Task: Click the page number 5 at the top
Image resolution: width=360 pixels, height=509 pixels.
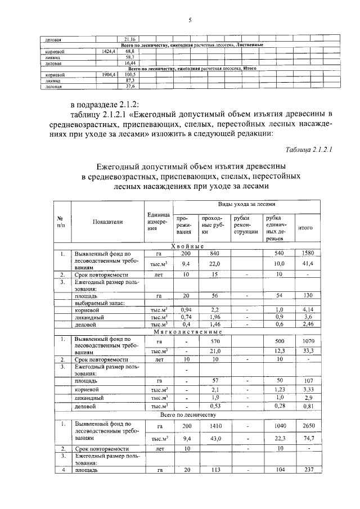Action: point(190,21)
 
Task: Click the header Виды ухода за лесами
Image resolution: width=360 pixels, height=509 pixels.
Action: point(247,205)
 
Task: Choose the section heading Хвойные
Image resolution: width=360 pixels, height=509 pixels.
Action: point(187,246)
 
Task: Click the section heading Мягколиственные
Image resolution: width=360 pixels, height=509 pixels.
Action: point(187,332)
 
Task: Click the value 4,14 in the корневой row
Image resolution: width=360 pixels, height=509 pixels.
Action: point(307,309)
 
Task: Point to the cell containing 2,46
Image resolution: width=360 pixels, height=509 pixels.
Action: point(307,325)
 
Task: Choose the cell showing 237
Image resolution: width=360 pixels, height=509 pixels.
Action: point(307,470)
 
